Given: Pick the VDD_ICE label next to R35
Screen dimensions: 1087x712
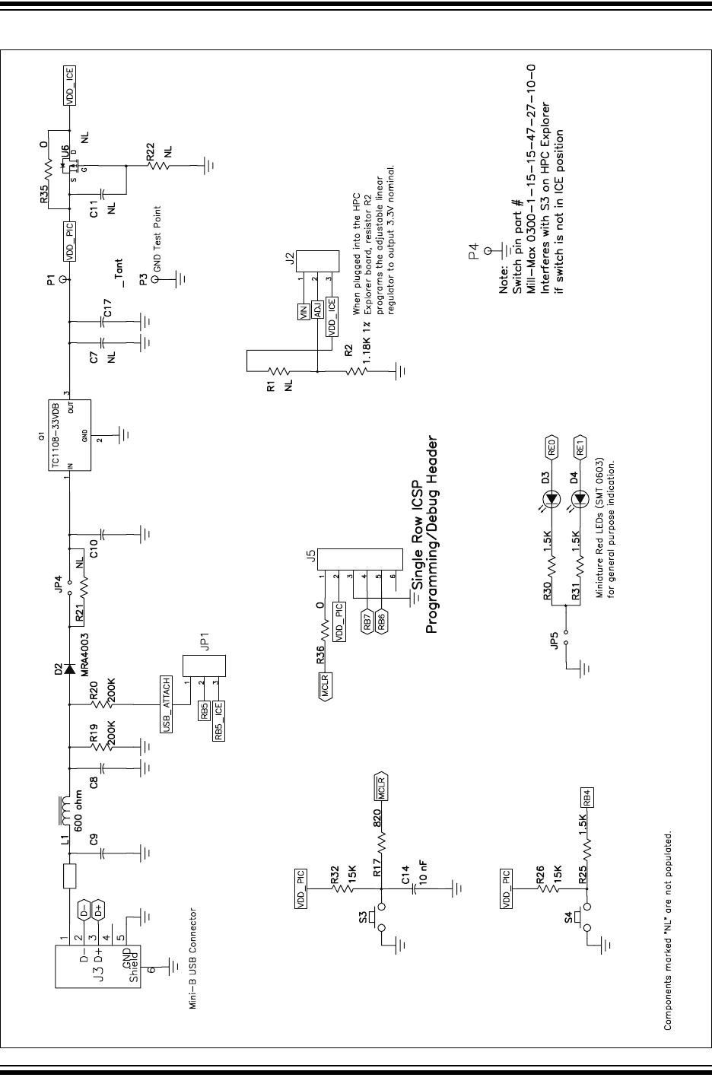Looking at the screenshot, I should click(69, 85).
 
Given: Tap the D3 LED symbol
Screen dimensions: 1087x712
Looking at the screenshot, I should click(553, 499).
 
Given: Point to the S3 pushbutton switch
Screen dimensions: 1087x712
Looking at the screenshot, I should click(377, 917).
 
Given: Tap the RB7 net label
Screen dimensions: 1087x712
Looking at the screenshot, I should click(367, 621).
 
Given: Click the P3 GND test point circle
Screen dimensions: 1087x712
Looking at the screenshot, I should click(156, 279).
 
